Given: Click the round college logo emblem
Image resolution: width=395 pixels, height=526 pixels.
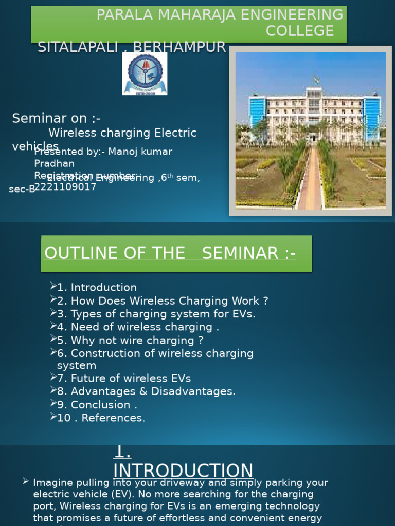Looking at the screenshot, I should (145, 74).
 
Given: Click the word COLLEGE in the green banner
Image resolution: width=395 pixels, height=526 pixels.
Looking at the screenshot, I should (299, 31).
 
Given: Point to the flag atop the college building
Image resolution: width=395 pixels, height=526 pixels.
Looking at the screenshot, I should (316, 80).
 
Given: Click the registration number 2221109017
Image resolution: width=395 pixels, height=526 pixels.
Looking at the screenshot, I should (65, 187).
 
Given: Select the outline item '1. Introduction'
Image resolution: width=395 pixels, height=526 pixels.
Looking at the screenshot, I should (97, 288).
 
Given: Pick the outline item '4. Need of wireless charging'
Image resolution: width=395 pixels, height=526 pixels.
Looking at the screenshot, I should (138, 327).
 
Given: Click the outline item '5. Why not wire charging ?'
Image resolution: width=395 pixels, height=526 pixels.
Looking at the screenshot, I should (130, 341).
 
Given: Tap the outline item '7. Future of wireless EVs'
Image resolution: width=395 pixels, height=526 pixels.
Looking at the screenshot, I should (124, 379).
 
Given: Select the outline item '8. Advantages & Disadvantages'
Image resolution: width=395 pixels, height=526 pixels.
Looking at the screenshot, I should (146, 391).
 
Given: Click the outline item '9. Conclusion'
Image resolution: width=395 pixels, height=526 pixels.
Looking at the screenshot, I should (97, 405).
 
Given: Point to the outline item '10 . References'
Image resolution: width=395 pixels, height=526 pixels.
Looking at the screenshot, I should (101, 418).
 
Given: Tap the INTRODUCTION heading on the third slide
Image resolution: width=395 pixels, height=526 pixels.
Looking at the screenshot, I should (183, 470).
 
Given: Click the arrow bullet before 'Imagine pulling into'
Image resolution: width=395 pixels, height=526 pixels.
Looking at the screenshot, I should (26, 482).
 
